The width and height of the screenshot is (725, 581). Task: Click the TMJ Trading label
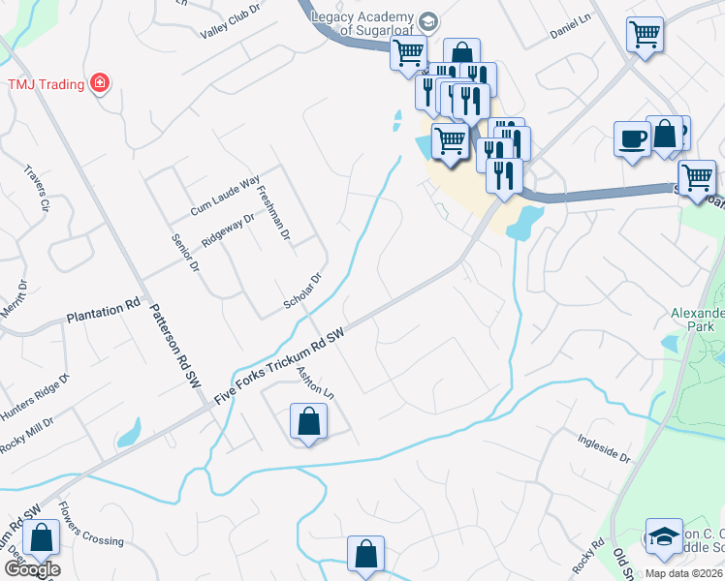coord(46,83)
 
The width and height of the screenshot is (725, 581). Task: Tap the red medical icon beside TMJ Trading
coord(99,83)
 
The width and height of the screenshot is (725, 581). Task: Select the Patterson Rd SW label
coord(172,348)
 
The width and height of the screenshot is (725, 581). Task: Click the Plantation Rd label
coord(103,314)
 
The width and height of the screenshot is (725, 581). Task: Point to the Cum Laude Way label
coord(225,195)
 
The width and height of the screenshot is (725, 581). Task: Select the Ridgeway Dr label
coord(228,230)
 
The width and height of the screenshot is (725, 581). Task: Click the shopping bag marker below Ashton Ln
coord(308,422)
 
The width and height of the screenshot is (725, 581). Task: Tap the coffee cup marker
coord(632,138)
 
